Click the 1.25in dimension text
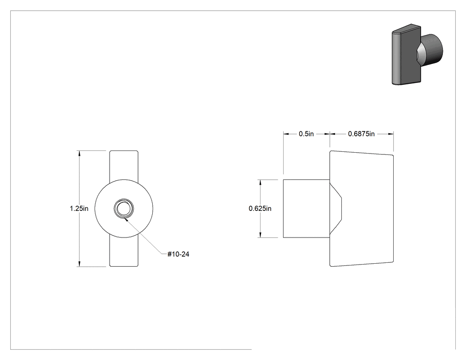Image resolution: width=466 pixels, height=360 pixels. click(x=79, y=208)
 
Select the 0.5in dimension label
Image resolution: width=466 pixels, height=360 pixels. click(x=306, y=134)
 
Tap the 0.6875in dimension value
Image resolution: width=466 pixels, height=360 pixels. click(x=361, y=134)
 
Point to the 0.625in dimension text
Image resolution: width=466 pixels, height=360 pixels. click(x=260, y=208)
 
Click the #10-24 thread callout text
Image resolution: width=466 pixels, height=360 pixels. click(x=178, y=254)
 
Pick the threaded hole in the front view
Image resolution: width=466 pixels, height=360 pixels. click(x=124, y=208)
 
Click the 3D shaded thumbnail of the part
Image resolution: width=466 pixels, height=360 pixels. click(x=417, y=55)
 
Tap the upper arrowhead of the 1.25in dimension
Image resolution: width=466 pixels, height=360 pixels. click(x=79, y=153)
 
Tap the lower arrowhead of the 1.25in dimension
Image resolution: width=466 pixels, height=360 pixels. click(x=79, y=264)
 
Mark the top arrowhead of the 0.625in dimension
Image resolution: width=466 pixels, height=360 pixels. click(x=261, y=182)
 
